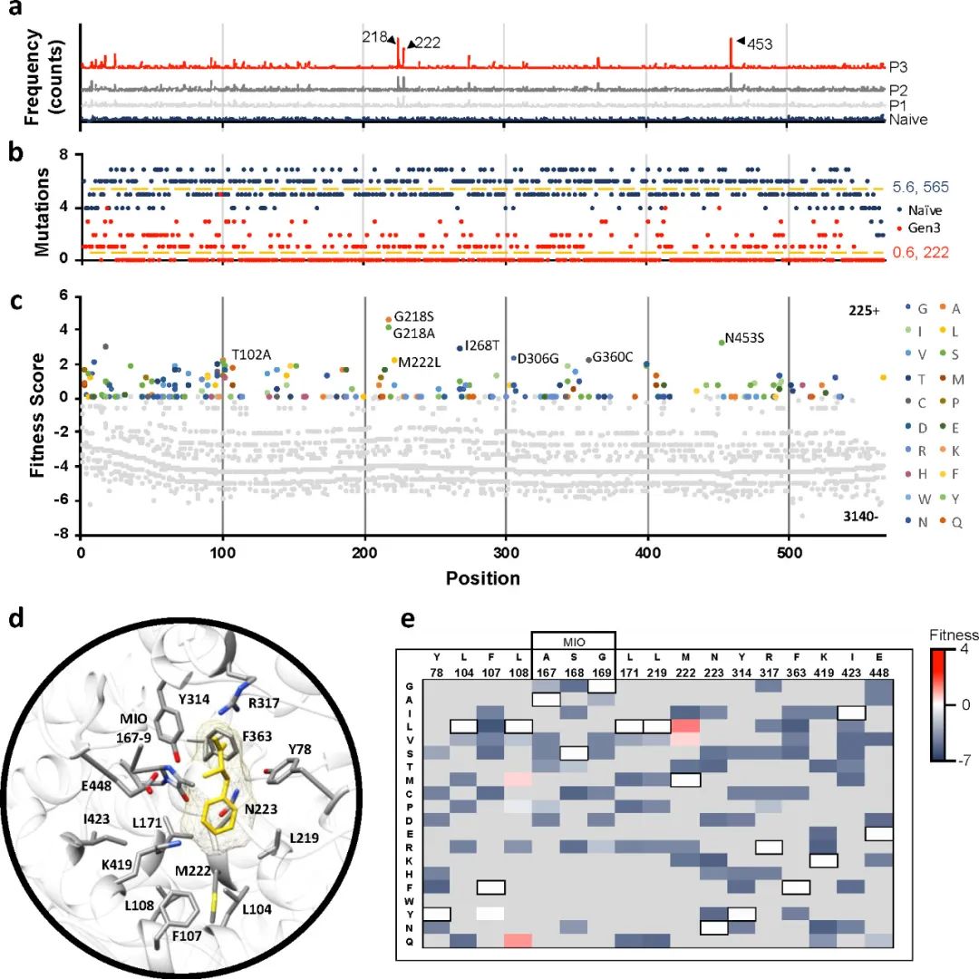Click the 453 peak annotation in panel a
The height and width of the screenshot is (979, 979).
(x=760, y=42)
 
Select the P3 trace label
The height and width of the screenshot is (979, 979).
(x=898, y=67)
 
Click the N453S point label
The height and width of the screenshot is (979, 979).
(x=745, y=338)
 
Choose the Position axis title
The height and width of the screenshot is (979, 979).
(x=482, y=578)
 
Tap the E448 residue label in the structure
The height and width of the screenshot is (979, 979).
(x=72, y=785)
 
